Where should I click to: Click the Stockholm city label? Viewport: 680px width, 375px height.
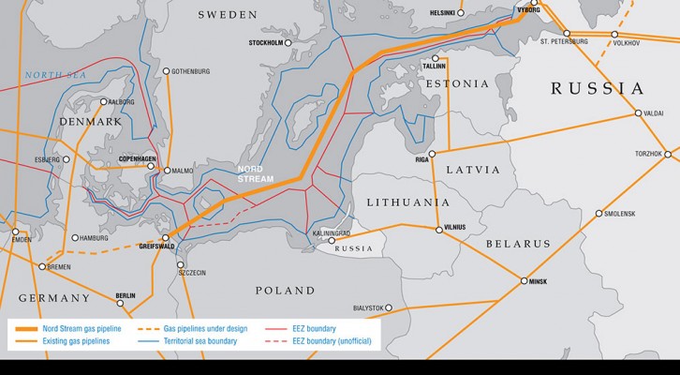265,43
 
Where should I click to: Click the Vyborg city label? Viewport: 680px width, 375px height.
528,8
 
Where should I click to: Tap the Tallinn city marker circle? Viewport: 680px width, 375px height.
435,56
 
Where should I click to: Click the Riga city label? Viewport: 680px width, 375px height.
422,161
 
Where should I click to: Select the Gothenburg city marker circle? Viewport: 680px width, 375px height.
166,70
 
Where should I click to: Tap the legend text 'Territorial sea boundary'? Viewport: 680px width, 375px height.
200,341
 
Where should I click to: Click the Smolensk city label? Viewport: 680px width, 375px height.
620,214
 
